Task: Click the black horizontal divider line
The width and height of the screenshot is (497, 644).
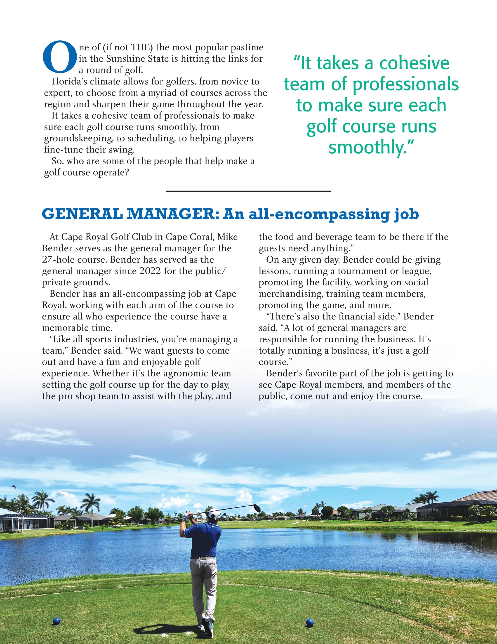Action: tap(248, 191)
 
